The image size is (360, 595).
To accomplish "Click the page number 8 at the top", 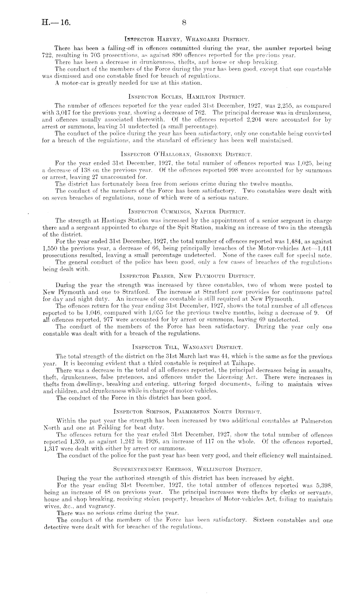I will coord(184,23).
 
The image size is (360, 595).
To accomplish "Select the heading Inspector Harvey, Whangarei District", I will coord(186,40).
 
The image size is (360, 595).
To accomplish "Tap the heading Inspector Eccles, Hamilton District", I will coord(187,96).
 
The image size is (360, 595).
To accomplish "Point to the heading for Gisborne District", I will coord(186,153).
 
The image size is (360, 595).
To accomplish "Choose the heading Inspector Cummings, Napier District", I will coord(187,212).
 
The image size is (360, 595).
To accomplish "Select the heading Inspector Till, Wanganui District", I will coord(186,348).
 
